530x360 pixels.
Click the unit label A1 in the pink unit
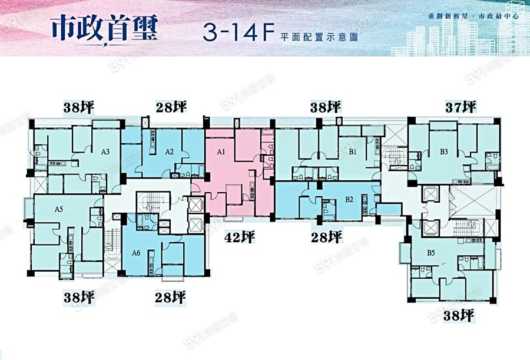(x=221, y=152)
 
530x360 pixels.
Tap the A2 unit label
(x=169, y=151)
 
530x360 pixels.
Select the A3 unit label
(x=105, y=151)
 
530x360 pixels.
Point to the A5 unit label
(x=59, y=209)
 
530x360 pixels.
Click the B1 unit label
(x=353, y=152)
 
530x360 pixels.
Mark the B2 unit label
(x=349, y=199)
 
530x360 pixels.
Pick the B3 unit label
(x=444, y=151)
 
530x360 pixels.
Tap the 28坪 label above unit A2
(x=171, y=107)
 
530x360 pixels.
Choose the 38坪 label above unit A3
(x=79, y=107)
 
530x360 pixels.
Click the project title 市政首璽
(x=105, y=28)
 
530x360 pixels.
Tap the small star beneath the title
(x=105, y=45)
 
